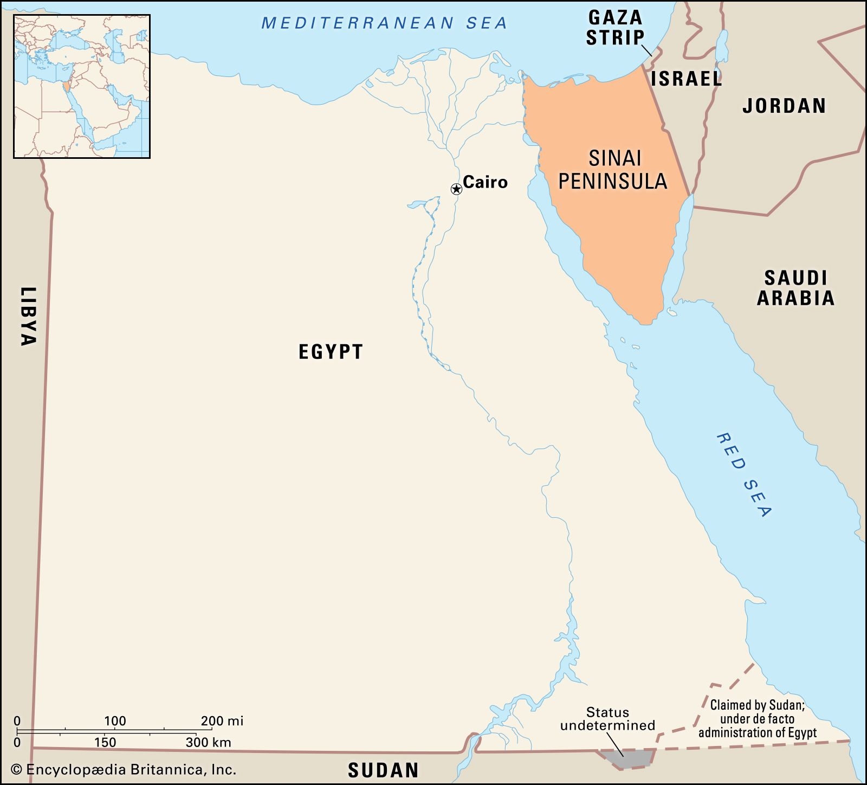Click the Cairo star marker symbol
coord(456,189)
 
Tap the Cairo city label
coord(485,182)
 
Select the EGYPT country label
coord(331,352)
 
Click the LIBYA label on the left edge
coord(28,316)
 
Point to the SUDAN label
coord(383,770)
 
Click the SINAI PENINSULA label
coord(613,170)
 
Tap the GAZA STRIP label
coord(616,27)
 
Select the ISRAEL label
coord(686,79)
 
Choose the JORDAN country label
coord(784,106)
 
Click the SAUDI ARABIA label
coord(795,288)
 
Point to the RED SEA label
coord(744,474)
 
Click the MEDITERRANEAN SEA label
coord(384,23)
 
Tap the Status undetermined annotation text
coord(607,719)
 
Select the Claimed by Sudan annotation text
coord(757,719)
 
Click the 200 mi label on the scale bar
coord(222,721)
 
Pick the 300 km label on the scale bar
coord(208,742)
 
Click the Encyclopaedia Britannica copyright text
coord(124,769)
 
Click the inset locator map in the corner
coord(82,87)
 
